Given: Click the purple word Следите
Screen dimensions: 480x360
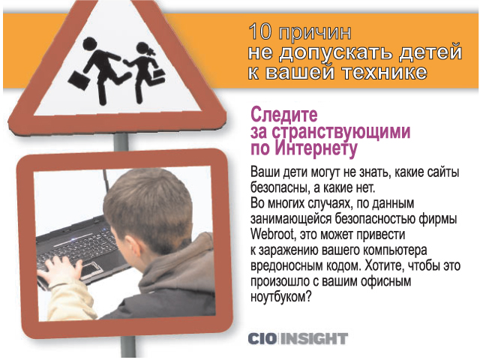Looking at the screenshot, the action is [284, 115].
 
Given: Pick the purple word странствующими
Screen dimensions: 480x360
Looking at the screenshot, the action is [341, 132].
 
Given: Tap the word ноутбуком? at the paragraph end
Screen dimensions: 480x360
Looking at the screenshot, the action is [280, 297].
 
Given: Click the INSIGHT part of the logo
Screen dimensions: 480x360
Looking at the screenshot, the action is [314, 339].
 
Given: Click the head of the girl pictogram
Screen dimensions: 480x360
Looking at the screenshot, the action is [143, 49].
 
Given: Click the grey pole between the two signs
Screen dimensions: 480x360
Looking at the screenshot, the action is [121, 142].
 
